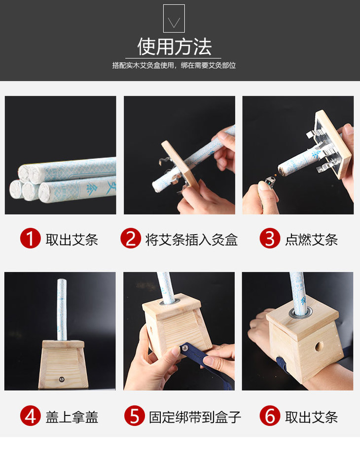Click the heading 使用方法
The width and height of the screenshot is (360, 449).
tap(174, 47)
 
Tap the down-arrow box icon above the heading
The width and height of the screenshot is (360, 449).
tap(174, 18)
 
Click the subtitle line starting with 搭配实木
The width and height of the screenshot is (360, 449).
tap(174, 65)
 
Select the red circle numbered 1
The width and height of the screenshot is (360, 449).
tap(30, 238)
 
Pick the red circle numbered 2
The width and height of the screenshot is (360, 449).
tap(131, 238)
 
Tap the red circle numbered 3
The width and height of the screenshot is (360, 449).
tap(270, 238)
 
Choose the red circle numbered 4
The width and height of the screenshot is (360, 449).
tap(30, 416)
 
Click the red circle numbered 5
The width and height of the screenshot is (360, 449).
tap(135, 416)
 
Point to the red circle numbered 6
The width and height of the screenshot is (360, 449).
tap(270, 416)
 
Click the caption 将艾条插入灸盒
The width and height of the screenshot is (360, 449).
tap(191, 240)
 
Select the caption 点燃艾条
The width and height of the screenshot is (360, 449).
tap(312, 240)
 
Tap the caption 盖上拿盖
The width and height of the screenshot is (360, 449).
tap(72, 417)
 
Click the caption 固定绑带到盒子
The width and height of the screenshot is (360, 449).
tap(195, 417)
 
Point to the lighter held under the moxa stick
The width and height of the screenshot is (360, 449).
tap(269, 182)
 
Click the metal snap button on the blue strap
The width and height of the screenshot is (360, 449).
tap(185, 348)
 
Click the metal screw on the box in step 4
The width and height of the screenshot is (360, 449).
tap(61, 380)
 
